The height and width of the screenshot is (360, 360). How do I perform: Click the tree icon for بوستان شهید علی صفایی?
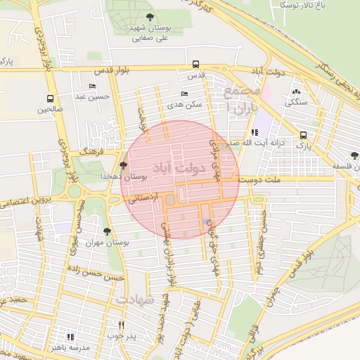148,16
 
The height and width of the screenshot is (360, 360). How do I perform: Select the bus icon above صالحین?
49,98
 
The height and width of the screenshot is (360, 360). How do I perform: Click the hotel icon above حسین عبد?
92,86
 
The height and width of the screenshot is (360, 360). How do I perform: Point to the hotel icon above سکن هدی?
184,94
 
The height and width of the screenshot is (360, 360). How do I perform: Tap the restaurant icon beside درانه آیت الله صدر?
254,132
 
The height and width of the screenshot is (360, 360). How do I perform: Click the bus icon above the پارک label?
303,135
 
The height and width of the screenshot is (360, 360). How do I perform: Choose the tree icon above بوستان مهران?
107,231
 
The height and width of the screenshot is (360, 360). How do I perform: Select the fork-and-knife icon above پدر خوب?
122,326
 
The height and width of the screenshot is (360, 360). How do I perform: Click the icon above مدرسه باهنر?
70,337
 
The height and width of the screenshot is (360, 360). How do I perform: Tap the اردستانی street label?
142,199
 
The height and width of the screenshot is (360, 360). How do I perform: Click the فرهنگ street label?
93,150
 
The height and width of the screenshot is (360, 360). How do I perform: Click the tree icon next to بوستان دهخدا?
124,166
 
